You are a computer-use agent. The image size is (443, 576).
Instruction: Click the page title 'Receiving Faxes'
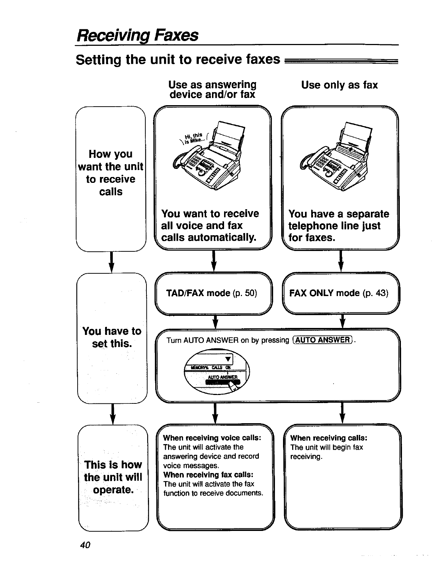tap(137, 36)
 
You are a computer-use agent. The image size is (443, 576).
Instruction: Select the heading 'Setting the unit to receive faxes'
tap(178, 59)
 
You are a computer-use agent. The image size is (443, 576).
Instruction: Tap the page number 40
tap(85, 545)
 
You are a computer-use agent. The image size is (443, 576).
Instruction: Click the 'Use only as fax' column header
tap(339, 85)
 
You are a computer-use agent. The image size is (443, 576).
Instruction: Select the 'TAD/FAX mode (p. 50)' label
tap(212, 293)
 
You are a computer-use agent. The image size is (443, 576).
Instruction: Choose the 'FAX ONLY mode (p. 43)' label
tap(338, 293)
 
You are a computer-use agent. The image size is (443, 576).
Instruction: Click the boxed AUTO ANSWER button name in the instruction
tap(323, 340)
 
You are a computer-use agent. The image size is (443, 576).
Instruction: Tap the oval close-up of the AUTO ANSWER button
tap(216, 371)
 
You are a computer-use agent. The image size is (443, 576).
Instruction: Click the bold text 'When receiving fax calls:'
tap(208, 475)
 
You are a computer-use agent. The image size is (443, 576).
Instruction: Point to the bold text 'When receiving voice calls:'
tap(212, 438)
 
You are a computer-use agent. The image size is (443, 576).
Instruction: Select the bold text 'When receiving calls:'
tap(328, 438)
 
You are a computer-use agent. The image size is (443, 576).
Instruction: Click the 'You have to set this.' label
tap(112, 337)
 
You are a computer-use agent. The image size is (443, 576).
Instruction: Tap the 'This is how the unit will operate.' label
tap(113, 477)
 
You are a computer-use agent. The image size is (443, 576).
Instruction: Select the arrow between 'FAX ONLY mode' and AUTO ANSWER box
tap(342, 321)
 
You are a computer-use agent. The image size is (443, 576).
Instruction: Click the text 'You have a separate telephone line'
tap(338, 220)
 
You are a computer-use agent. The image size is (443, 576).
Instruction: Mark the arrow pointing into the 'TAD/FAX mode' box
tap(215, 261)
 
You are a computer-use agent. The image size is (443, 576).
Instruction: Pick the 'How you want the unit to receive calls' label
tap(111, 173)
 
